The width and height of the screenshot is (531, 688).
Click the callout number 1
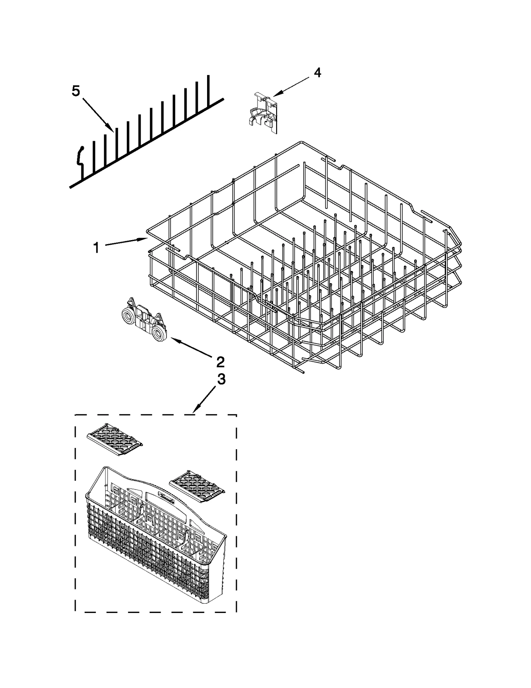[x=96, y=248]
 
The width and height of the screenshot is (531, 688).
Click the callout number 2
[x=220, y=362]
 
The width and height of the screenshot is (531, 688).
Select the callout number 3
[x=221, y=379]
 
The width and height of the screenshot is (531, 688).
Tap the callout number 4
[x=317, y=73]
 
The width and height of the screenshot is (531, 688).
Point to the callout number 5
[x=76, y=90]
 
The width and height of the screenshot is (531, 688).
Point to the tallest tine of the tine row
[x=208, y=90]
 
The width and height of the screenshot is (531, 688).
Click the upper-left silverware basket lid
[x=115, y=439]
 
